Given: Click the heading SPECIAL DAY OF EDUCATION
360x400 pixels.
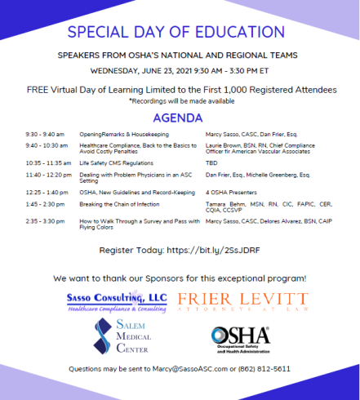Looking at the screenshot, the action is click(180, 33).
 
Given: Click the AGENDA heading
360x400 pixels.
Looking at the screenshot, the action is click(180, 116).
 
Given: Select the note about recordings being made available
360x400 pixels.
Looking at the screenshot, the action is click(180, 100).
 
